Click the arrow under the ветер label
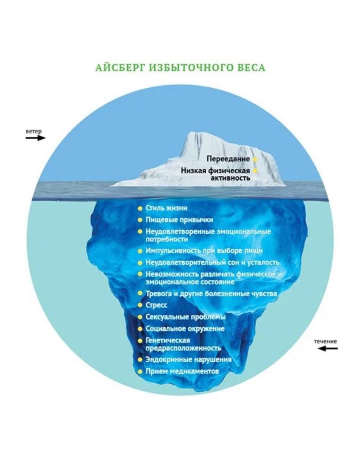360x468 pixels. click(36, 138)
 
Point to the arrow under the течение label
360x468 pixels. click(328, 348)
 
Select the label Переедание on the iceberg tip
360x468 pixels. click(228, 159)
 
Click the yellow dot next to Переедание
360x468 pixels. click(255, 159)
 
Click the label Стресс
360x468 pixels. click(157, 305)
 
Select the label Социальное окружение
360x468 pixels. click(185, 328)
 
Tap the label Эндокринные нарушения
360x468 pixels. click(188, 360)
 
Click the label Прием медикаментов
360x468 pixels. click(182, 371)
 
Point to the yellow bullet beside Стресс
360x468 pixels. click(140, 305)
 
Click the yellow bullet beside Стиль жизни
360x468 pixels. click(140, 208)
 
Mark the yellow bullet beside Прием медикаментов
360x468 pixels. click(140, 371)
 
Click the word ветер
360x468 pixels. click(34, 131)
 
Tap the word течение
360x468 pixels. click(326, 341)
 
